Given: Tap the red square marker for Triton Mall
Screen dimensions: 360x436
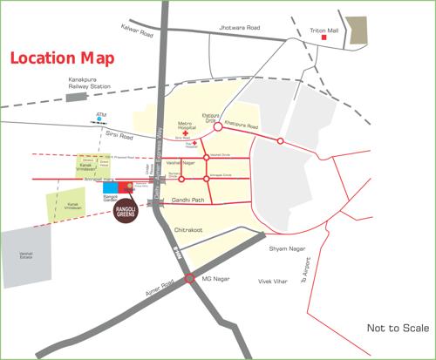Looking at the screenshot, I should click(x=324, y=37).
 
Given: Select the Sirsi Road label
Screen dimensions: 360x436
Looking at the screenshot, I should click(x=119, y=138).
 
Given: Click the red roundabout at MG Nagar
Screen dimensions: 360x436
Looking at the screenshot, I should click(x=188, y=279).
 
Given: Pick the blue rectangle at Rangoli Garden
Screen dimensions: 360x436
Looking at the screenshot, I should click(x=110, y=187).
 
